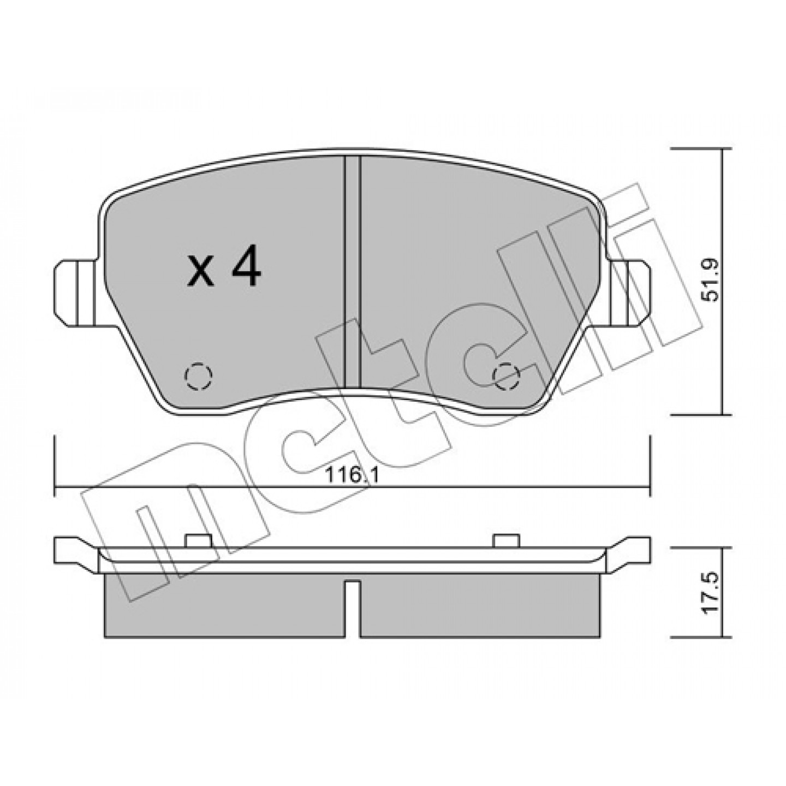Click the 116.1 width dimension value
[x=352, y=475]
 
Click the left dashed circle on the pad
[x=199, y=374]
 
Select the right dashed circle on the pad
[x=506, y=374]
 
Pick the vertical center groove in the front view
[x=353, y=272]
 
